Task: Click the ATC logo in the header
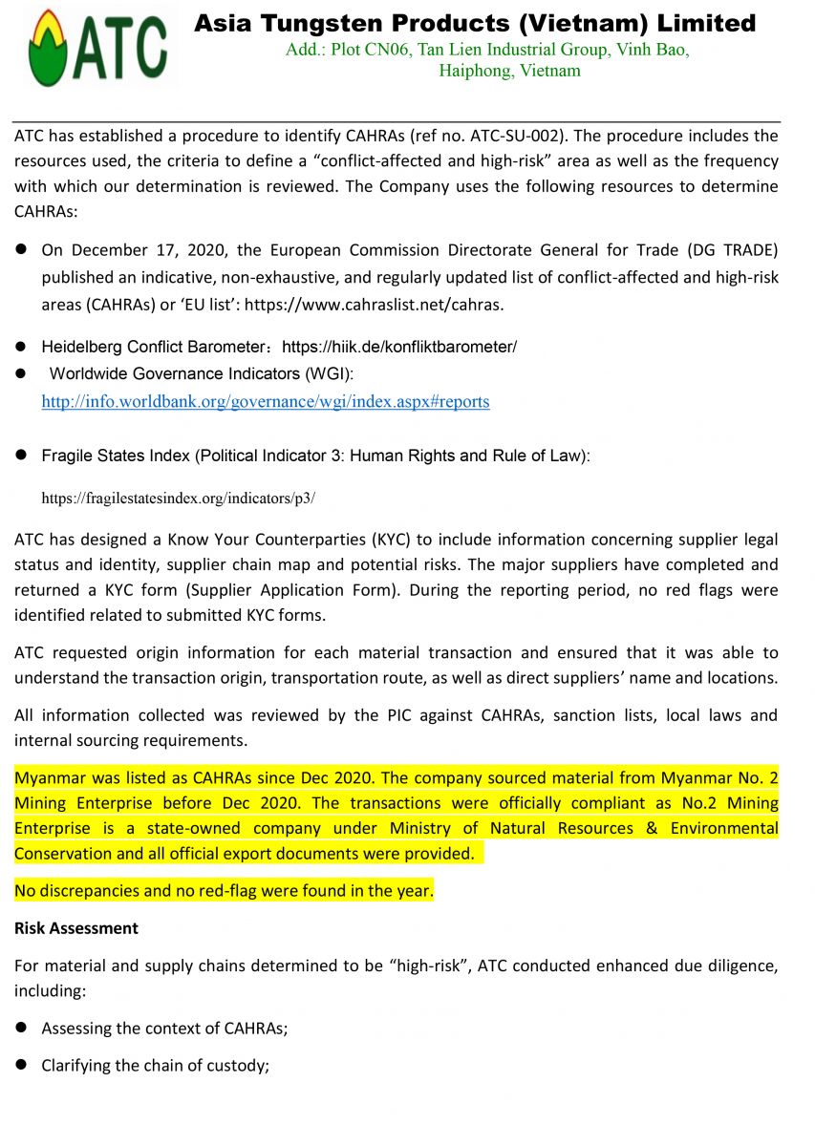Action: (96, 48)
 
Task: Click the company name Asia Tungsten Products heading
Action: (475, 23)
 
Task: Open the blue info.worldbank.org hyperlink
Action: (265, 402)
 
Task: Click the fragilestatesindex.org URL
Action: (178, 498)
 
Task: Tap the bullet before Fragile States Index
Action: (19, 456)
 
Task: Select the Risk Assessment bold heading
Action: (75, 928)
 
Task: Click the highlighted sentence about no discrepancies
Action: (224, 892)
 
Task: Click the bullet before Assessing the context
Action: (19, 1029)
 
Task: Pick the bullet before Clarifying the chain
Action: (19, 1065)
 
